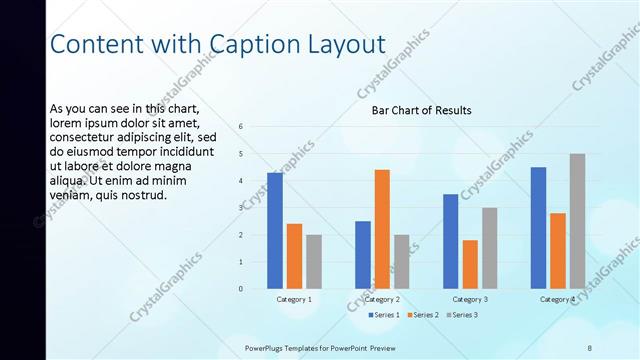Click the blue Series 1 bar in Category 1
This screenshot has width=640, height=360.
pyautogui.click(x=275, y=230)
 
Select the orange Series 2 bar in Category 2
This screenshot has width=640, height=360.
pyautogui.click(x=382, y=229)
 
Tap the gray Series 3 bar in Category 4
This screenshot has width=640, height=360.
pyautogui.click(x=577, y=221)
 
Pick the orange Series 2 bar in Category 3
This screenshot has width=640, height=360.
pyautogui.click(x=470, y=264)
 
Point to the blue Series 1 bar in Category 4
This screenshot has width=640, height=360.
pyautogui.click(x=538, y=228)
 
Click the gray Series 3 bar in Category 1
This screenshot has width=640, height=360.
pyautogui.click(x=314, y=262)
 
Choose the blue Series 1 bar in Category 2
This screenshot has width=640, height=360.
pyautogui.click(x=362, y=255)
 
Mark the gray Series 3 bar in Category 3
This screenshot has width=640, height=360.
pyautogui.click(x=489, y=248)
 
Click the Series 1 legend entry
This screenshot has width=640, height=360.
pyautogui.click(x=384, y=316)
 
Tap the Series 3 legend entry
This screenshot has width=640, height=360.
pyautogui.click(x=463, y=316)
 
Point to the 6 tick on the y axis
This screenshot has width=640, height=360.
pyautogui.click(x=241, y=127)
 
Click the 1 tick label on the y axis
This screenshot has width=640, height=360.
pyautogui.click(x=241, y=262)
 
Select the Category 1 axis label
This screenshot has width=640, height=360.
pyautogui.click(x=294, y=299)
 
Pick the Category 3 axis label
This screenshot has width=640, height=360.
pyautogui.click(x=470, y=299)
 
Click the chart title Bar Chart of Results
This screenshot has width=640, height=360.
pyautogui.click(x=421, y=110)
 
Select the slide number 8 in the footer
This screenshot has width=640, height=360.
pyautogui.click(x=589, y=348)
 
